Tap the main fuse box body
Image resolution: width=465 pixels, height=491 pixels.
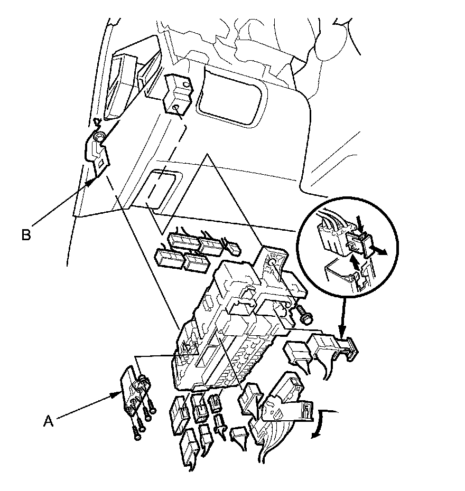(232, 333)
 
